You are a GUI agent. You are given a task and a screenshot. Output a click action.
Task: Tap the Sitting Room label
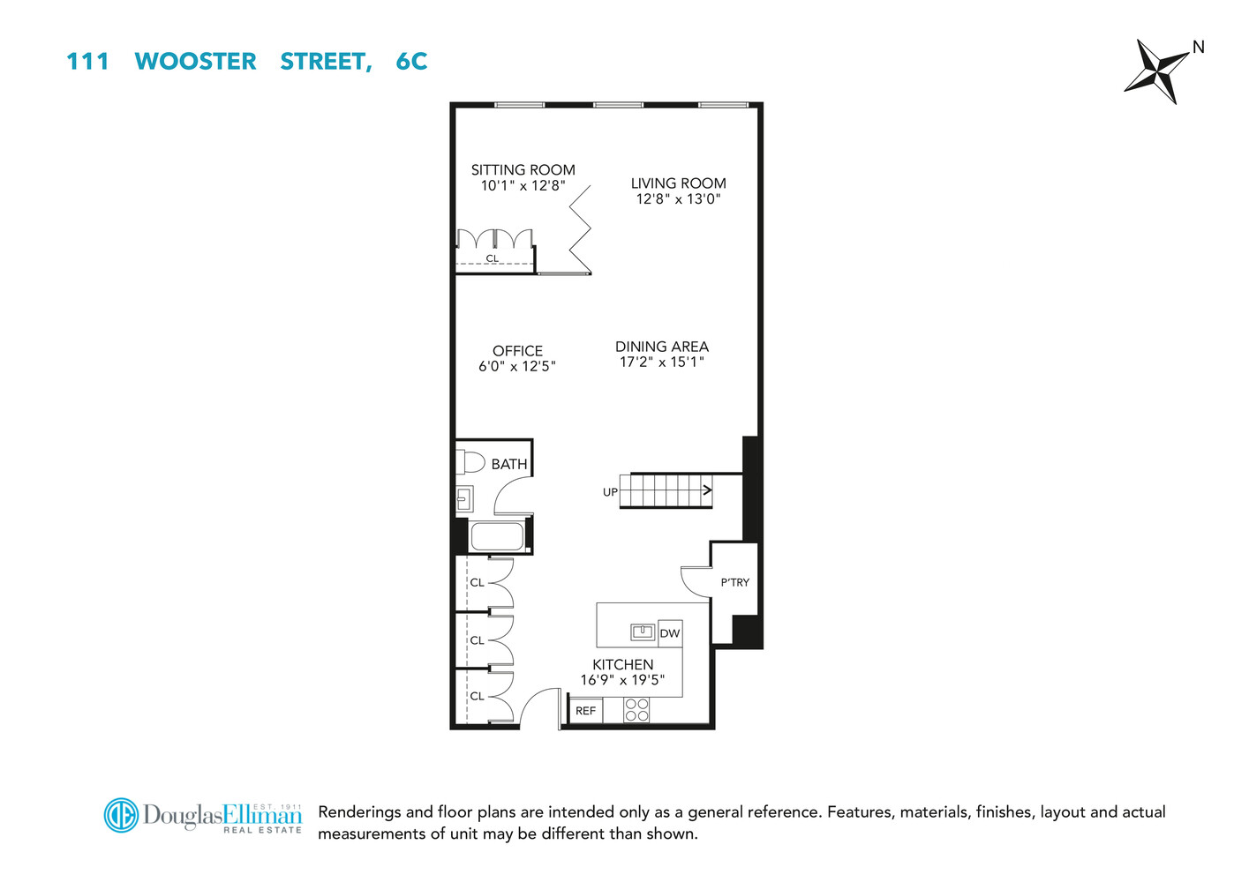[x=523, y=169]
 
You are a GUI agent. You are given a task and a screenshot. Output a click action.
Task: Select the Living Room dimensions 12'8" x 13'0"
[x=678, y=199]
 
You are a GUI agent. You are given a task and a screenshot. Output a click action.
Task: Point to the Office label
[x=517, y=350]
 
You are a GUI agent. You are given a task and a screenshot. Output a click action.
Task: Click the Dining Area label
[x=661, y=347]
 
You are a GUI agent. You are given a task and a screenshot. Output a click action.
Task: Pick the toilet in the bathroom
[x=470, y=461]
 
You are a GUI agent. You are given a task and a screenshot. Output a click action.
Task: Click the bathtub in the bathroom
[x=496, y=536]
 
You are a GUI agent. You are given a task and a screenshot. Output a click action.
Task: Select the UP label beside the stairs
[x=610, y=492]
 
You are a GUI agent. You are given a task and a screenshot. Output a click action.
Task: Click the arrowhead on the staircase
[x=706, y=490]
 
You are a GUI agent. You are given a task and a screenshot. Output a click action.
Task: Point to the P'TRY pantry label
[x=734, y=582]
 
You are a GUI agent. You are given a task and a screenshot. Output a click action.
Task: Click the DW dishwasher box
[x=670, y=633]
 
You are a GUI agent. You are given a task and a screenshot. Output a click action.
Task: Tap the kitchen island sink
[x=642, y=632]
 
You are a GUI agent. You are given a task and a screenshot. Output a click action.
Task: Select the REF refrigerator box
[x=585, y=710]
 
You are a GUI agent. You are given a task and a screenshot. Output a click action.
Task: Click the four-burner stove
[x=636, y=710]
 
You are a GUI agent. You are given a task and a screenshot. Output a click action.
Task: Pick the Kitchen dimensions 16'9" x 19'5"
[x=622, y=680]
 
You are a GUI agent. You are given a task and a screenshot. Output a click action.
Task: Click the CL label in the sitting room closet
[x=493, y=258]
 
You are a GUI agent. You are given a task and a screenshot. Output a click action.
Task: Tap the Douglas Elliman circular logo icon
[x=121, y=815]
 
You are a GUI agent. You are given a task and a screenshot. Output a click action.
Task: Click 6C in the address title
[x=411, y=61]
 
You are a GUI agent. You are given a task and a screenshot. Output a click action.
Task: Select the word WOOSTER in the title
[x=195, y=61]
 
